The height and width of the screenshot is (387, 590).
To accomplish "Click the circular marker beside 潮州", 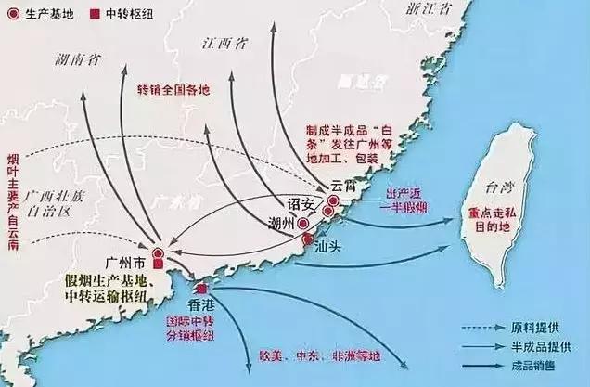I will (x=303, y=224).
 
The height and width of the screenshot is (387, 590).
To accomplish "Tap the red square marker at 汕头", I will (x=308, y=240).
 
